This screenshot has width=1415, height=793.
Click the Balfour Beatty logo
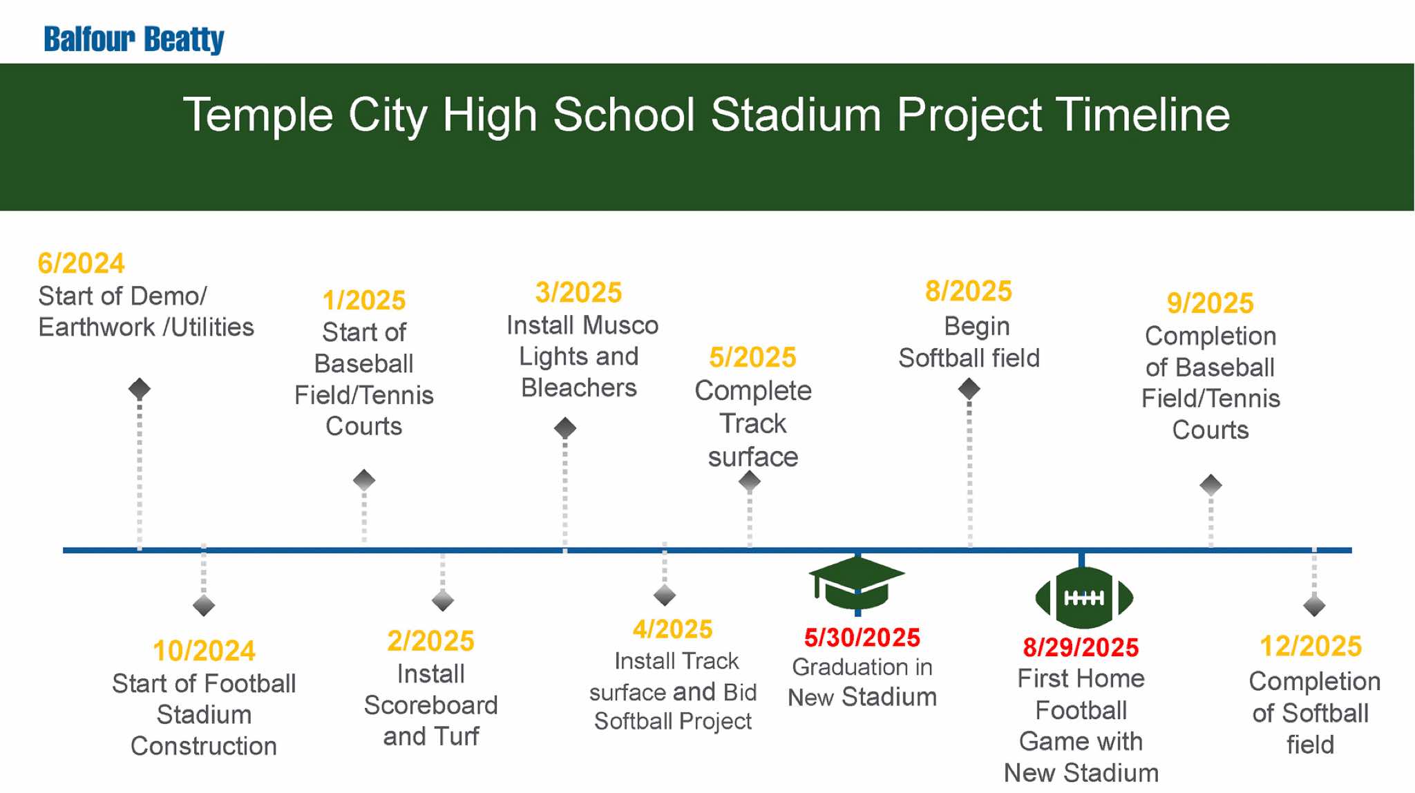tap(134, 39)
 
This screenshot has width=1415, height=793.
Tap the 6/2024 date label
tap(81, 263)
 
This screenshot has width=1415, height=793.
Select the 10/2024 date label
tap(204, 651)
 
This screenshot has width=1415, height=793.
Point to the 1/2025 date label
tap(364, 300)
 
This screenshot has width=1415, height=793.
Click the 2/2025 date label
tap(430, 641)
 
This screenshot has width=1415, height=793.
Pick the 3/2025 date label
tap(579, 292)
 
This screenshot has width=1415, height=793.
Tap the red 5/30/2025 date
tap(862, 638)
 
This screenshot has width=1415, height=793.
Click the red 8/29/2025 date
tap(1081, 647)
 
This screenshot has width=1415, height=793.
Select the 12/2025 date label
tap(1311, 646)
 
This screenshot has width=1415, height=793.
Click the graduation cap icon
tap(857, 582)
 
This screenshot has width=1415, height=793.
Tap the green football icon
tap(1084, 598)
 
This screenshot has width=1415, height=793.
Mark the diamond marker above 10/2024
tap(204, 606)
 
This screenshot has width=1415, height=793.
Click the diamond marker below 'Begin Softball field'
tap(969, 389)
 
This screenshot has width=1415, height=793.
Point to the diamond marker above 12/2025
tap(1314, 606)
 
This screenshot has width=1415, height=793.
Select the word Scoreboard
tap(430, 705)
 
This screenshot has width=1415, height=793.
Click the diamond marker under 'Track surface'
tap(750, 481)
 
